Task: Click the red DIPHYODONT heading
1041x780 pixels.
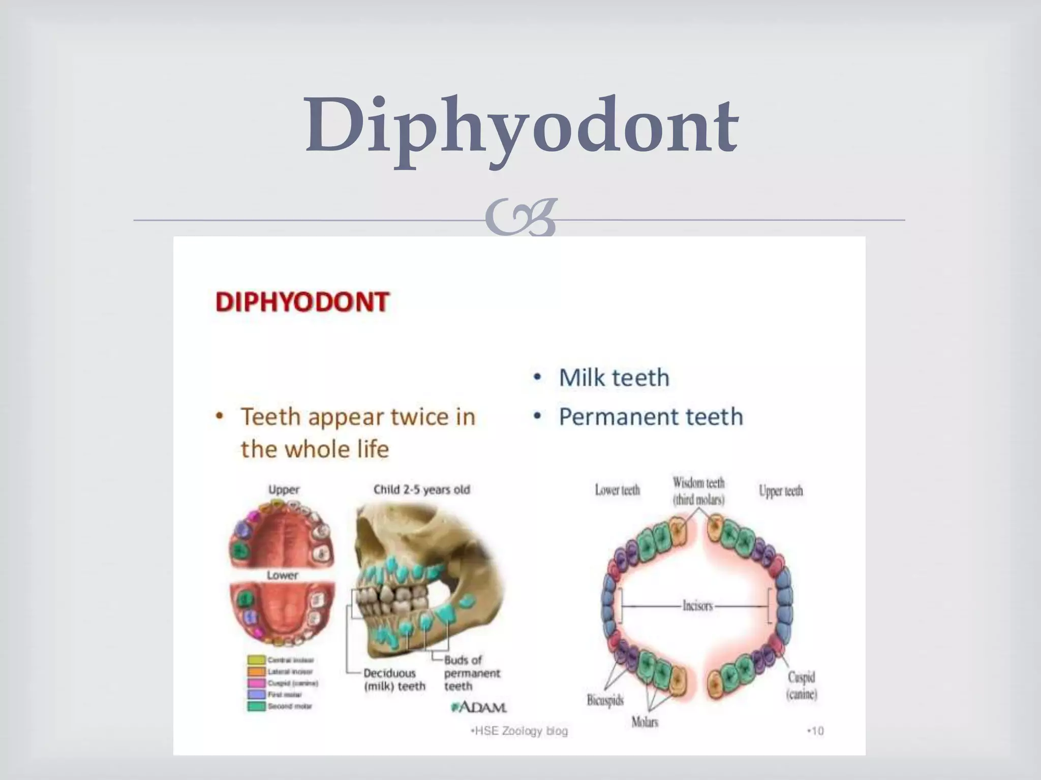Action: click(x=302, y=302)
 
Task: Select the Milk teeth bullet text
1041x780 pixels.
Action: click(x=614, y=378)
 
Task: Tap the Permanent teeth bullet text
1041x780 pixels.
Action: click(x=651, y=417)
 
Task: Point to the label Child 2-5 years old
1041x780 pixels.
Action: click(x=421, y=490)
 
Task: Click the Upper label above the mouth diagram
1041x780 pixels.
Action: click(x=284, y=490)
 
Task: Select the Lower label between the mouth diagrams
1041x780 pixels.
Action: click(x=282, y=575)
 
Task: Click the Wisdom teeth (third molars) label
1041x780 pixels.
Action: click(x=698, y=491)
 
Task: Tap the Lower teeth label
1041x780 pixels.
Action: click(x=617, y=490)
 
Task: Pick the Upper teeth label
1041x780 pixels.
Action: click(x=780, y=491)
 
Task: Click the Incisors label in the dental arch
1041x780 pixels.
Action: click(x=697, y=606)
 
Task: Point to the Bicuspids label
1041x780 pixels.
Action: click(x=605, y=701)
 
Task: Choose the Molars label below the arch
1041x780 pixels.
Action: click(x=645, y=722)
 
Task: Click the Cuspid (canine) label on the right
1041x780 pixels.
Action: click(x=802, y=685)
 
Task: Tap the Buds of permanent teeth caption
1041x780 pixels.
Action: click(x=472, y=673)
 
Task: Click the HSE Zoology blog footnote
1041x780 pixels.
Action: click(x=519, y=731)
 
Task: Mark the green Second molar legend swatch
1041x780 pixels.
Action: click(x=256, y=706)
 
